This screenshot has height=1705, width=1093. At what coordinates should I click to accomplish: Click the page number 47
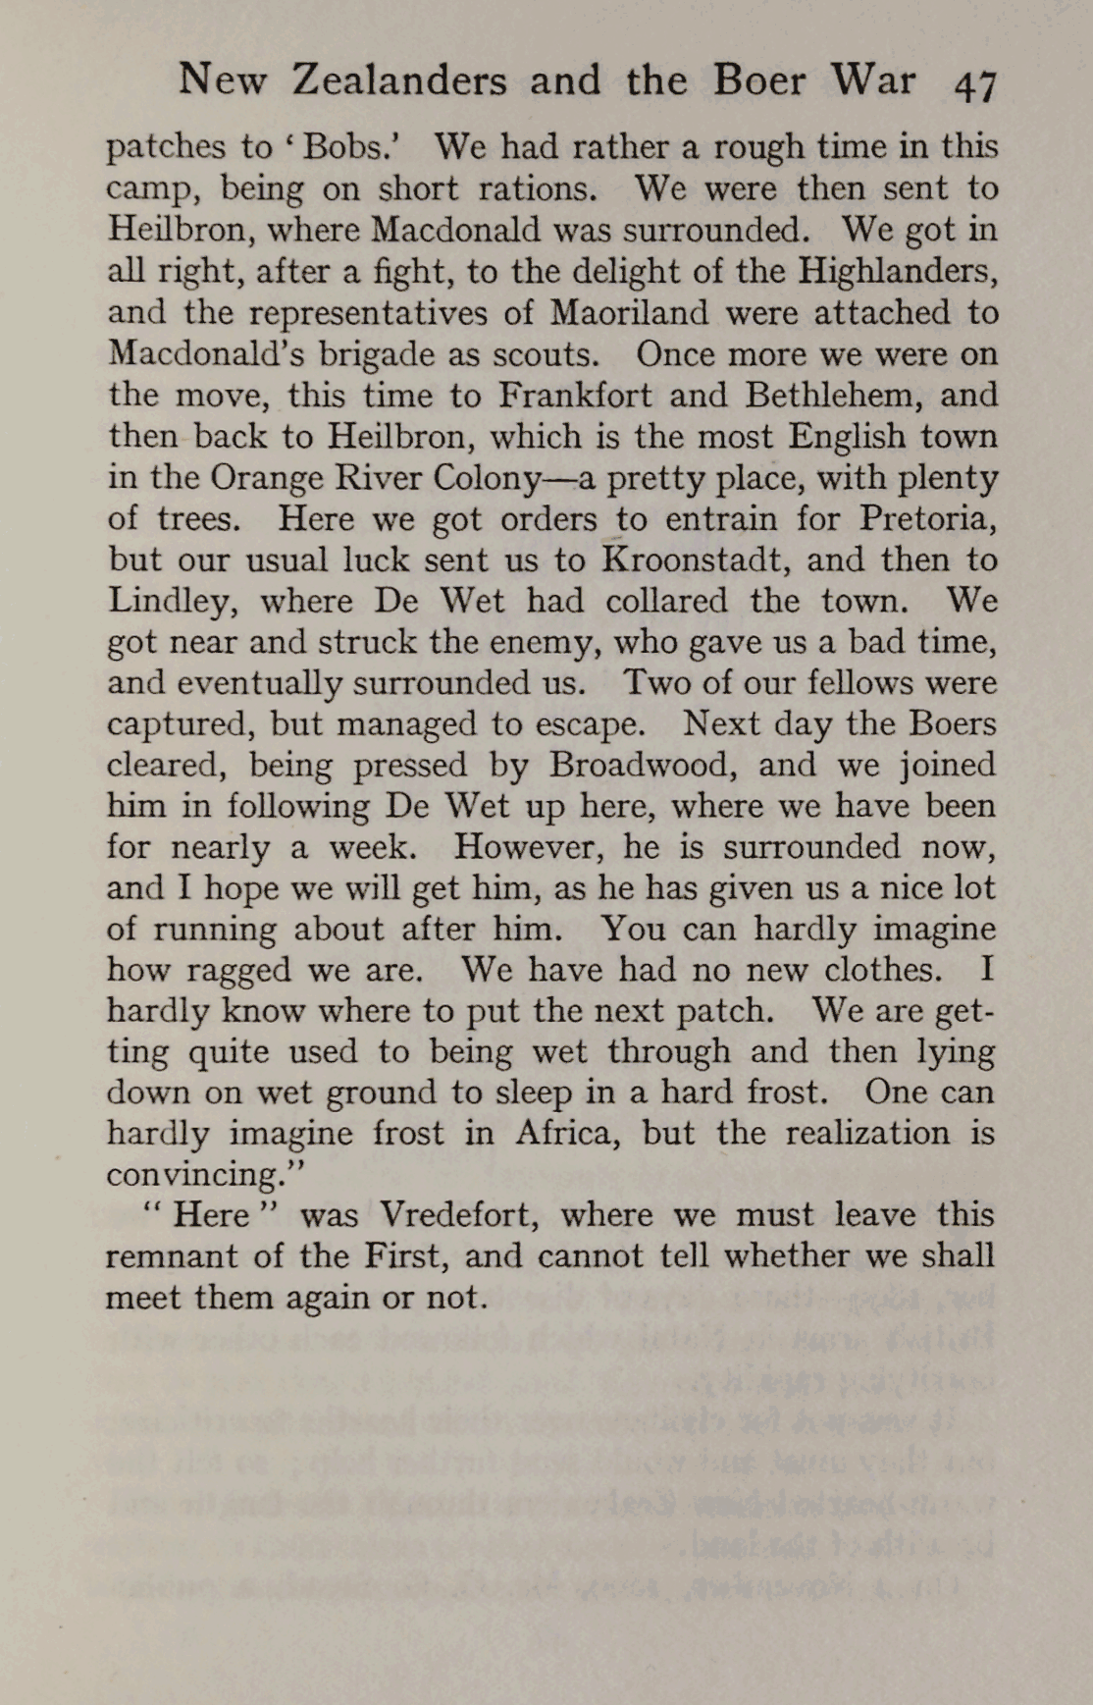pos(975,85)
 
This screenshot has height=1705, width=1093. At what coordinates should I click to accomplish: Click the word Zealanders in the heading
pos(398,80)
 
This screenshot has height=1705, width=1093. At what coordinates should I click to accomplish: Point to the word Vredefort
pos(459,1215)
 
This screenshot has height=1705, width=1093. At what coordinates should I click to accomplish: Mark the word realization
pos(869,1133)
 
